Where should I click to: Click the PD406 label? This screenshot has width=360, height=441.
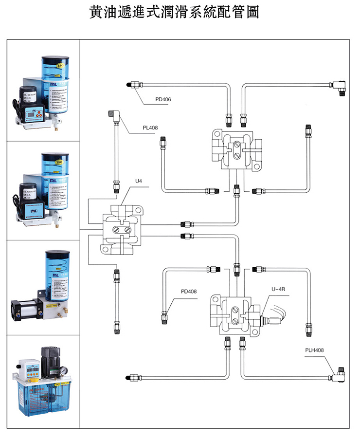point(163,100)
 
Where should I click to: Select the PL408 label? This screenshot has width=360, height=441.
point(150,128)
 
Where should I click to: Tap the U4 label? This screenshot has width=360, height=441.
point(139,182)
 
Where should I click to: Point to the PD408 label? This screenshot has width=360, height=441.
point(189,292)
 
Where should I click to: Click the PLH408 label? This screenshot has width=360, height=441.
point(314,349)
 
